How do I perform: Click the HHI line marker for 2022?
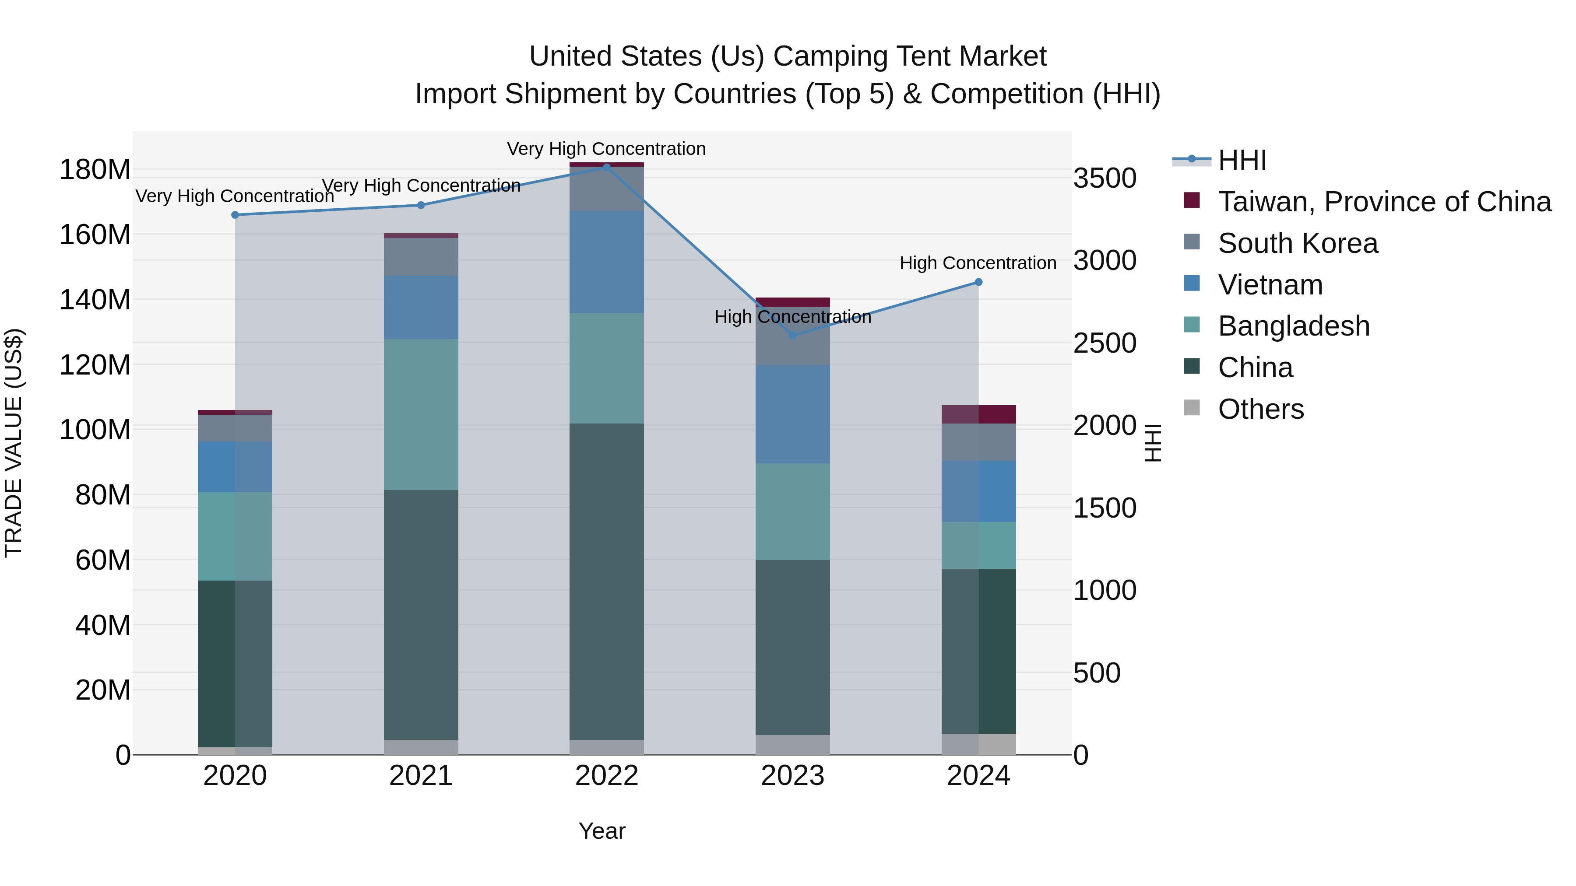(606, 167)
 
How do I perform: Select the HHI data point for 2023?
(793, 336)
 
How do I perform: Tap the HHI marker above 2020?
(235, 215)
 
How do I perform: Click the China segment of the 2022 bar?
(606, 581)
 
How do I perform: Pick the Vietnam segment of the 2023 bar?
(793, 414)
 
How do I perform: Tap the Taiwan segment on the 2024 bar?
(978, 415)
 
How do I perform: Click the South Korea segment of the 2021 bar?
(421, 257)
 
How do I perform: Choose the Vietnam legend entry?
(1270, 285)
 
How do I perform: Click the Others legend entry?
(1260, 409)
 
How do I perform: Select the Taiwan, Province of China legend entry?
(1384, 202)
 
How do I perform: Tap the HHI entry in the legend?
(1242, 160)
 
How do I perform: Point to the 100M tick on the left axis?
(95, 430)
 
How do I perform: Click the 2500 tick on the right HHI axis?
(1105, 343)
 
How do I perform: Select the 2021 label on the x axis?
(421, 776)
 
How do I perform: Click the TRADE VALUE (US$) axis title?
(14, 443)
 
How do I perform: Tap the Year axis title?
(602, 831)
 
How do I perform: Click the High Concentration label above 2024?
(978, 263)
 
